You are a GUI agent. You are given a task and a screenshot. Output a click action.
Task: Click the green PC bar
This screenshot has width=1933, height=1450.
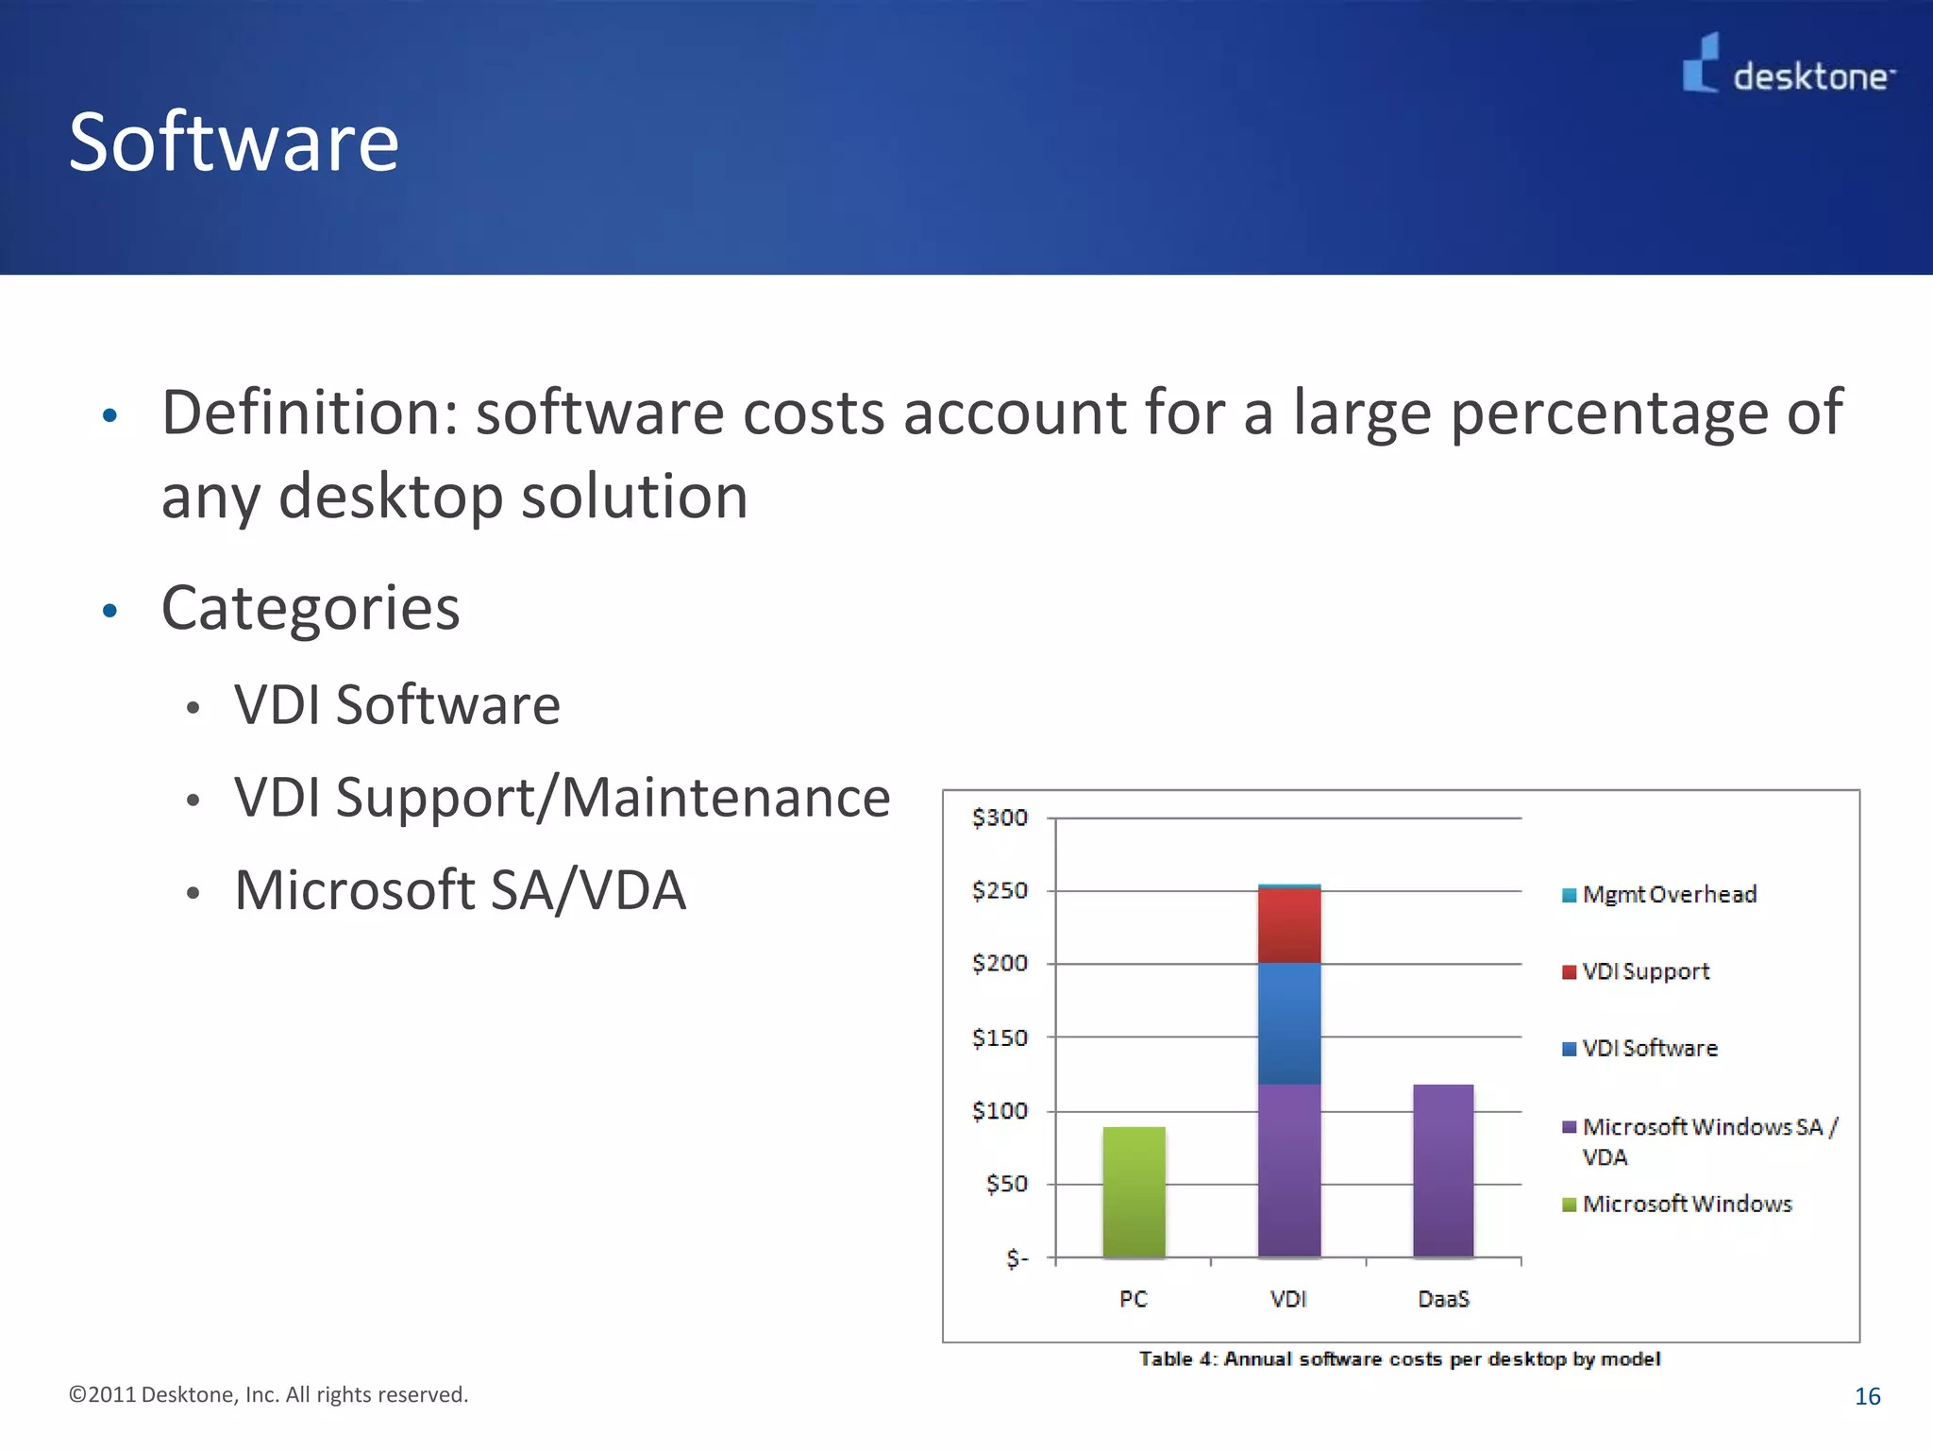coord(1134,1191)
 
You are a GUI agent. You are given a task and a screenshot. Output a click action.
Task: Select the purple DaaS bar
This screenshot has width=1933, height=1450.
coord(1443,1171)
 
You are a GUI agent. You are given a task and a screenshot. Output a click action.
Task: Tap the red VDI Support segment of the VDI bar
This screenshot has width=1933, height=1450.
coord(1289,925)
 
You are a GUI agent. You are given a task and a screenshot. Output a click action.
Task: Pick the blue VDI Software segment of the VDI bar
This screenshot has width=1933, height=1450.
coord(1289,1023)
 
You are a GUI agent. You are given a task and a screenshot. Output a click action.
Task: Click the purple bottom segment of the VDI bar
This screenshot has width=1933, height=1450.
coord(1289,1171)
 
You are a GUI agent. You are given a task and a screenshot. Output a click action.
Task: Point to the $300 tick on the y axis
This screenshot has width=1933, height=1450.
coord(1000,818)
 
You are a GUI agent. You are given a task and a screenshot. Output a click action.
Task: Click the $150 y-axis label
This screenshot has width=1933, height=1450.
coord(1000,1037)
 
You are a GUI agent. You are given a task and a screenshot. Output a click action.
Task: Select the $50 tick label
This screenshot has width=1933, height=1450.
coord(1006,1184)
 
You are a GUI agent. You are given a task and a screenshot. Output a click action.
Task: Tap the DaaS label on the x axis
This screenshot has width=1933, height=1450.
coord(1443,1299)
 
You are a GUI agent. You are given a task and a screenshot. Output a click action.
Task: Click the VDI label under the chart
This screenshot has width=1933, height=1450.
coord(1288,1299)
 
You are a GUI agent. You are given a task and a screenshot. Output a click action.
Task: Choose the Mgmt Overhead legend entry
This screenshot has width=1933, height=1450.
coord(1669,894)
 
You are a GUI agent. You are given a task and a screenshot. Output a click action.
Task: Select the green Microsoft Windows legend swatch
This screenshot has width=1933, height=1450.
coord(1570,1205)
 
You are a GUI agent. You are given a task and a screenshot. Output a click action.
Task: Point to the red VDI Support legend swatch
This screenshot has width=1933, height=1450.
coord(1570,972)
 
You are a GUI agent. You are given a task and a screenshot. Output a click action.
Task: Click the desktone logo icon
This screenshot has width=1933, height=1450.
coord(1701,63)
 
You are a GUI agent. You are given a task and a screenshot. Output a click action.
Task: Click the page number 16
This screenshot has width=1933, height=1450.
coord(1867,1396)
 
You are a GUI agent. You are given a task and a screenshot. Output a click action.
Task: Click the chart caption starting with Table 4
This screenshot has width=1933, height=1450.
coord(1400,1358)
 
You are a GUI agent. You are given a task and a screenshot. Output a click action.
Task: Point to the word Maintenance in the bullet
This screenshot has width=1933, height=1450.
coord(726,798)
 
